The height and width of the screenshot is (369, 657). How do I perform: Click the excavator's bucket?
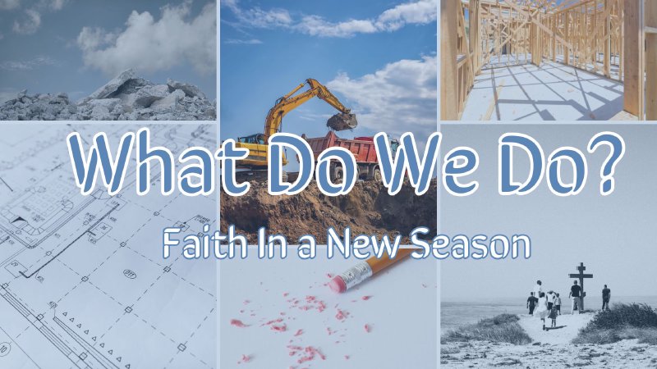tap(341, 121)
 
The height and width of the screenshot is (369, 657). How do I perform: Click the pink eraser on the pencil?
tap(338, 283)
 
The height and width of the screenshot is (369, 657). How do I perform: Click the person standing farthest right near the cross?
tap(606, 297)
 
